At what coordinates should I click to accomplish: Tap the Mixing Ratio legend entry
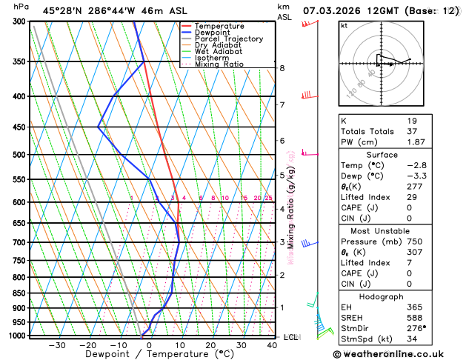pyautogui.click(x=219, y=64)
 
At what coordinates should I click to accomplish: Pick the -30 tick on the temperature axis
pyautogui.click(x=56, y=345)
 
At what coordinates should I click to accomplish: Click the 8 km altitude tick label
pyautogui.click(x=282, y=68)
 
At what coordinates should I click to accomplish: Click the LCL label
pyautogui.click(x=290, y=337)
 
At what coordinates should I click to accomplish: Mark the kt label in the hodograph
pyautogui.click(x=344, y=25)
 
